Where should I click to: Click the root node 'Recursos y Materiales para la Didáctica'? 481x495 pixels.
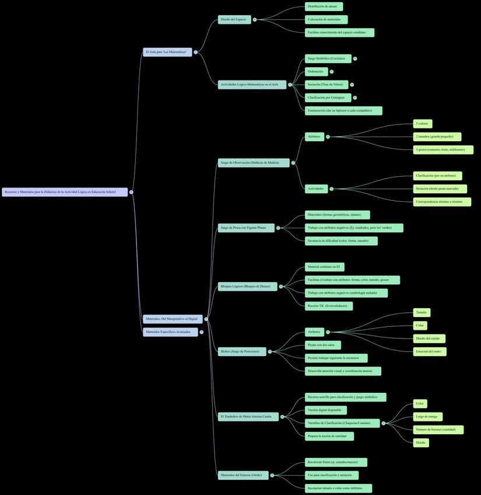click(65, 192)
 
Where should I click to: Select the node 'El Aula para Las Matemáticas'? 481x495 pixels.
click(167, 52)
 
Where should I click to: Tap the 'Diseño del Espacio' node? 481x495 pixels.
click(234, 19)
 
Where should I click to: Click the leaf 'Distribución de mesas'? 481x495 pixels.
click(324, 6)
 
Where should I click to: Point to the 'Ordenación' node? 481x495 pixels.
click(316, 72)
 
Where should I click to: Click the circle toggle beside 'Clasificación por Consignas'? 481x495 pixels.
click(355, 97)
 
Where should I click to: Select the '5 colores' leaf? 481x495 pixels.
click(423, 124)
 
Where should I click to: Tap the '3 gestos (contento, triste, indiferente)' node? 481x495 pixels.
click(443, 149)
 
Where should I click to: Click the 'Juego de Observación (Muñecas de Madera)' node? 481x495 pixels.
click(254, 162)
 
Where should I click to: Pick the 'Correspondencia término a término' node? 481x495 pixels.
click(442, 202)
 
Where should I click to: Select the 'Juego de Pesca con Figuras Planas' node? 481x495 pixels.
click(246, 228)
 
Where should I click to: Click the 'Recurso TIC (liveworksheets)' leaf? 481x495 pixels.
click(328, 306)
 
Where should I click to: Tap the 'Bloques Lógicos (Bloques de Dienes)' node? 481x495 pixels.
click(247, 286)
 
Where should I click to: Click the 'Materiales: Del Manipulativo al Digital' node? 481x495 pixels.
click(173, 319)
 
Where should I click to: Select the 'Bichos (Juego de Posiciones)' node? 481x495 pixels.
click(242, 351)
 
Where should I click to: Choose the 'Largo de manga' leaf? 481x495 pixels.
click(428, 417)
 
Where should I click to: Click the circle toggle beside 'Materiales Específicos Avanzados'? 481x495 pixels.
click(202, 332)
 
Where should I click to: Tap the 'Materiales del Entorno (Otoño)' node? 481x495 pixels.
click(243, 475)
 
